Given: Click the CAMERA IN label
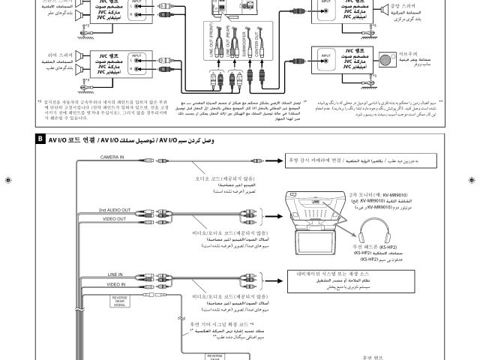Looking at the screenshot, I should (113, 156).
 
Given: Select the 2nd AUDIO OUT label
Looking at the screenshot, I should (113, 210).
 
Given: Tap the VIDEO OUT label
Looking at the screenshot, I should (113, 218).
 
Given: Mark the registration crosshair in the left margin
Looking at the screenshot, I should (7, 181).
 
